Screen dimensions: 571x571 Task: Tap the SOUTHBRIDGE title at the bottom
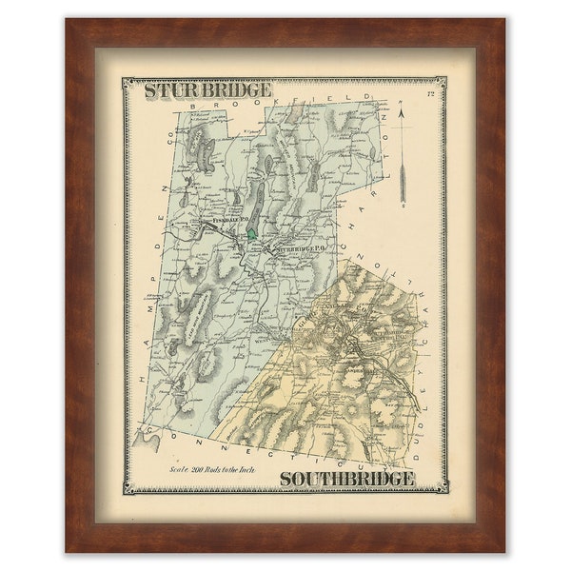point(347,478)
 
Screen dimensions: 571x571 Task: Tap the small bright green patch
point(251,231)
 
